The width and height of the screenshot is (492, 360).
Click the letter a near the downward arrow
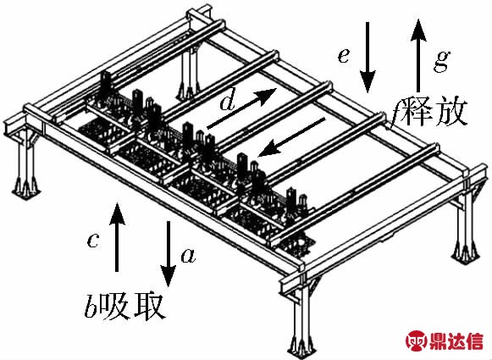(189, 255)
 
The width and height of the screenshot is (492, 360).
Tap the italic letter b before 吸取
(91, 305)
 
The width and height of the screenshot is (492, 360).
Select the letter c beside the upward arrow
(93, 241)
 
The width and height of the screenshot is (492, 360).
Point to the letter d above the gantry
(228, 102)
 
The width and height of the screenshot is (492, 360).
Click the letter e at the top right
(344, 57)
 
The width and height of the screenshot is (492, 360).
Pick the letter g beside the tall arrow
(442, 61)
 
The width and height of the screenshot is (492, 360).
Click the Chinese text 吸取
(133, 306)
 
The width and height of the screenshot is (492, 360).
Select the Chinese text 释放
(435, 112)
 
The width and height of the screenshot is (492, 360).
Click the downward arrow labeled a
(169, 253)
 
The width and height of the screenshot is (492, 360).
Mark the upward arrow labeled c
(117, 237)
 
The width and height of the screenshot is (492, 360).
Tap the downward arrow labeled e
(368, 58)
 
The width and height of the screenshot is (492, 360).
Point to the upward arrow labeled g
(418, 55)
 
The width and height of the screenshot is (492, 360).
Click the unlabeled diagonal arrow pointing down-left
(291, 137)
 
